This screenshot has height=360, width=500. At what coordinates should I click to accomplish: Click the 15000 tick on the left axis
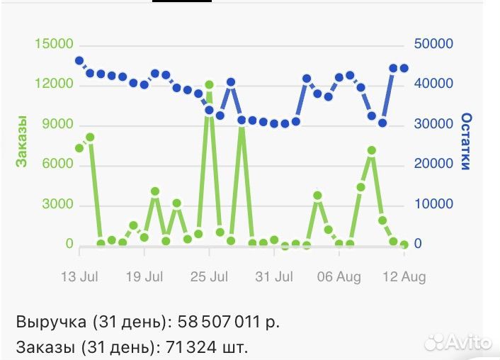(x=54, y=45)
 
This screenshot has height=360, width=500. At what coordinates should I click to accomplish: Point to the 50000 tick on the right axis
(x=433, y=45)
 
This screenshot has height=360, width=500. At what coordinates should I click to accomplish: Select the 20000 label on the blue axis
(x=433, y=164)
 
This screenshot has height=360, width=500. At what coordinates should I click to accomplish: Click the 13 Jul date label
(x=79, y=277)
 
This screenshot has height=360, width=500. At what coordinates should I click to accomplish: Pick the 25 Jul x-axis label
(x=209, y=277)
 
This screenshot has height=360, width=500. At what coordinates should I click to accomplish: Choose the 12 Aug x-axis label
(x=404, y=277)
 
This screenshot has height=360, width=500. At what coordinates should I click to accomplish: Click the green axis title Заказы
(x=22, y=141)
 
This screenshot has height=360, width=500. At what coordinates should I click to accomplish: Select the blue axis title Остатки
(x=466, y=141)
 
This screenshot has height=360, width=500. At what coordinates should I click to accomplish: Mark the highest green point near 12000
(x=209, y=85)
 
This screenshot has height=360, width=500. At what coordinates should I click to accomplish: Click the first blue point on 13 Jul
(x=79, y=61)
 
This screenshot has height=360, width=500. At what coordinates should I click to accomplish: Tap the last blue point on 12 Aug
(x=404, y=69)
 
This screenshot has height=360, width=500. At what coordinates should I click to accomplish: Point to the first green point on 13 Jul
(x=79, y=148)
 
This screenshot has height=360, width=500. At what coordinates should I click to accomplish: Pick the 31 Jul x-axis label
(x=274, y=277)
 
